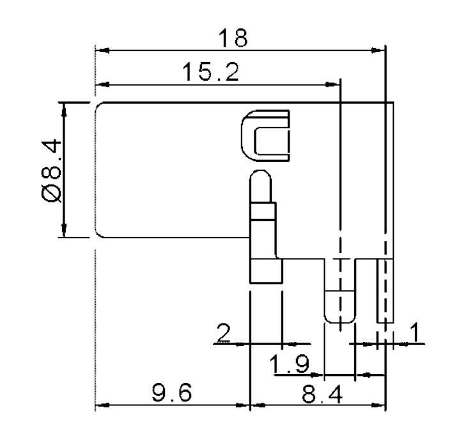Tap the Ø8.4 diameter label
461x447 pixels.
pos(52,170)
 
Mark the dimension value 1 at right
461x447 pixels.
pos(414,332)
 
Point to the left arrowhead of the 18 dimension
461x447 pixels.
pos(99,50)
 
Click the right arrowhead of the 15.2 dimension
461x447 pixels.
pos(334,85)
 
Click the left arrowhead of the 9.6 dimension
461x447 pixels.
pos(99,405)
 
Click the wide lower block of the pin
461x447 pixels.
pos(265,270)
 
